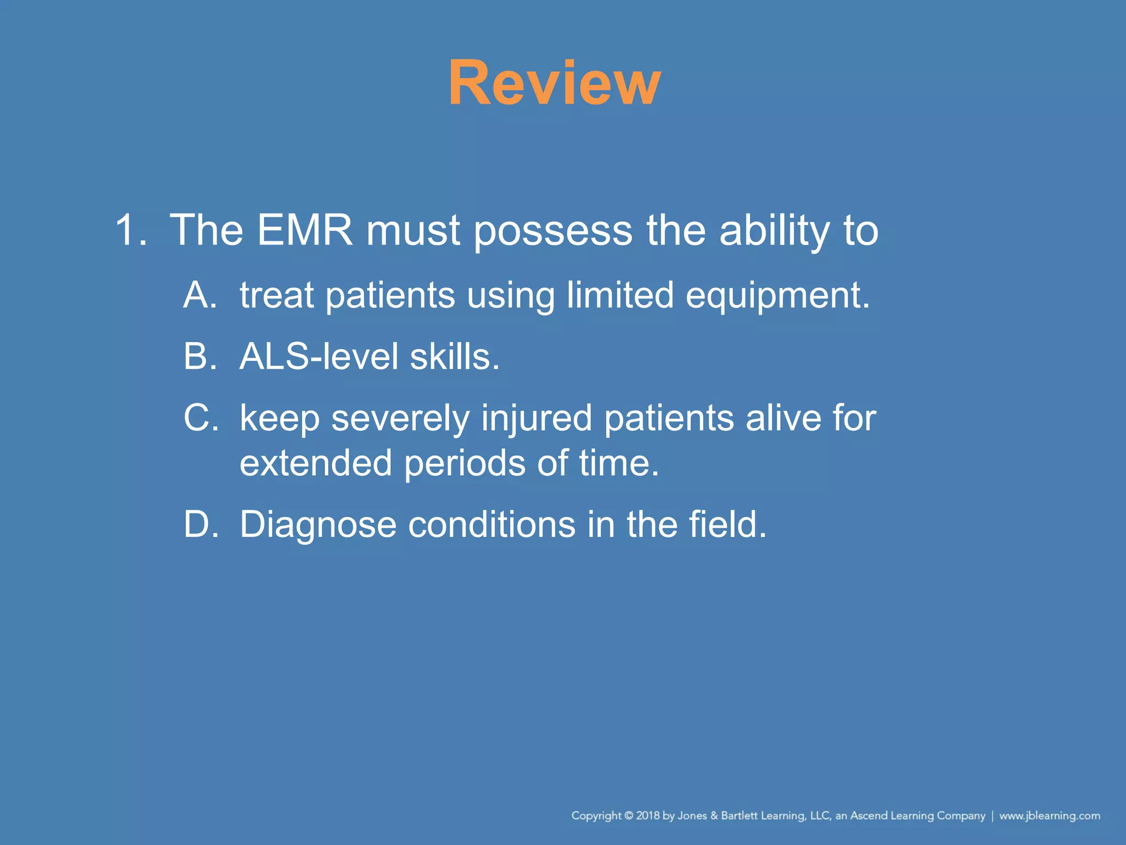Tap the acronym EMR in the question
tap(305, 230)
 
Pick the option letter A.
tap(200, 295)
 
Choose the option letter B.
tap(200, 356)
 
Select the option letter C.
tap(201, 418)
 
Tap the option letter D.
tap(201, 524)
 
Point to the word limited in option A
tap(620, 295)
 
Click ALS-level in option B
tap(318, 356)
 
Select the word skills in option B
tap(454, 356)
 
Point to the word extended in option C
tap(316, 463)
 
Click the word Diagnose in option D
tap(318, 525)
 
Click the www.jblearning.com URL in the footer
tap(1049, 815)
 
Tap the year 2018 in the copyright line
tap(648, 815)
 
